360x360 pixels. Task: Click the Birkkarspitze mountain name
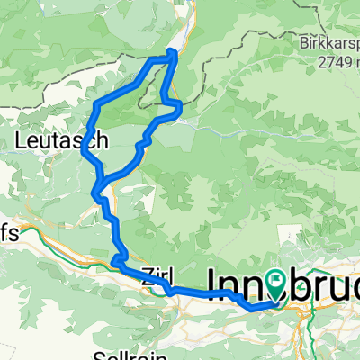(x=329, y=42)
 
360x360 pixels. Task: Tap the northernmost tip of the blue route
(x=172, y=51)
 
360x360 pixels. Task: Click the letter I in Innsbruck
(x=212, y=283)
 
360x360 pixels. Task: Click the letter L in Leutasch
(x=20, y=139)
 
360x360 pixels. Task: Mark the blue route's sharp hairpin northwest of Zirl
(x=115, y=262)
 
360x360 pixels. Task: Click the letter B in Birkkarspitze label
(x=302, y=42)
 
